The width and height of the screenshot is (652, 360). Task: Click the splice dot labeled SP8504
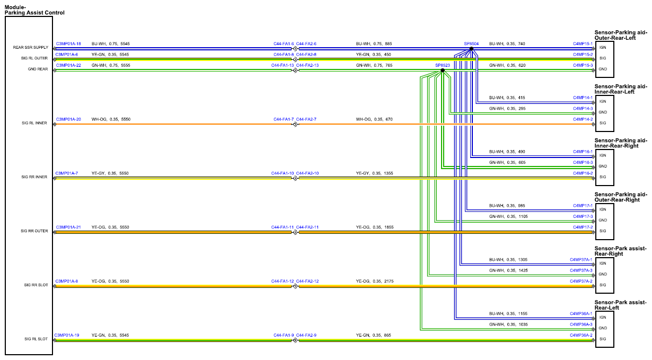[x=471, y=49]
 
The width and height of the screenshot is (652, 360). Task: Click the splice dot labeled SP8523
[x=443, y=70]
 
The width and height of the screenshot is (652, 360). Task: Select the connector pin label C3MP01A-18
[x=68, y=43]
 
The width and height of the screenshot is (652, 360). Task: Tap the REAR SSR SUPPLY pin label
[x=31, y=47]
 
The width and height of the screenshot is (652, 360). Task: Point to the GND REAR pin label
[x=38, y=69]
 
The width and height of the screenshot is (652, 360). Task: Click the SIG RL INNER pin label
[x=34, y=123]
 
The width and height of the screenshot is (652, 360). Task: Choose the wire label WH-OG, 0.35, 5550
[x=111, y=119]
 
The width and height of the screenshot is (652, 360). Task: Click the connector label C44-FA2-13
[x=307, y=65]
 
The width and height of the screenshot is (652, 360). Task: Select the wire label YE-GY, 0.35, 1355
[x=374, y=173]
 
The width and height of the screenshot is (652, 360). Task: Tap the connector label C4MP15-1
[x=583, y=43]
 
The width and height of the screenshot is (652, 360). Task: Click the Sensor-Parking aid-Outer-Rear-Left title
[x=621, y=35]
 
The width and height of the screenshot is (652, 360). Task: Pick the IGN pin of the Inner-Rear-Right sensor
[x=603, y=155]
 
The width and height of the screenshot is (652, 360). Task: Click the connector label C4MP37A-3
[x=581, y=270]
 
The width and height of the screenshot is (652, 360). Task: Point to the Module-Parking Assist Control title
[x=34, y=10]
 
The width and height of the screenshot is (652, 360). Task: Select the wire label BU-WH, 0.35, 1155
[x=508, y=313]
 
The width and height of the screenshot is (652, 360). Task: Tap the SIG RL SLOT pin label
[x=36, y=339]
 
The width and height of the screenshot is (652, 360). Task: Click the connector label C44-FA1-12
[x=283, y=281]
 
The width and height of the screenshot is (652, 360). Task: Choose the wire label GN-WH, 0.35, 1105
[x=508, y=216]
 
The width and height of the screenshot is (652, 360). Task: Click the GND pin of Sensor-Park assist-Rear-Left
[x=603, y=328]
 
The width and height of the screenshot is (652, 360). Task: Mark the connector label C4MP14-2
[x=583, y=119]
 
